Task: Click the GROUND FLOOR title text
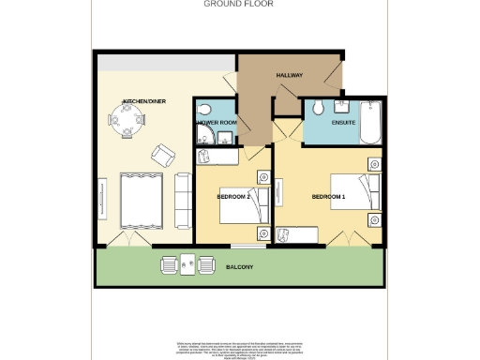coord(239,4)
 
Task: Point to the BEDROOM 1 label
coord(328,197)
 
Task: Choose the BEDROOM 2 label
coord(232,197)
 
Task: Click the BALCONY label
coord(238,268)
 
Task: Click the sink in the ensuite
coord(339,103)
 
